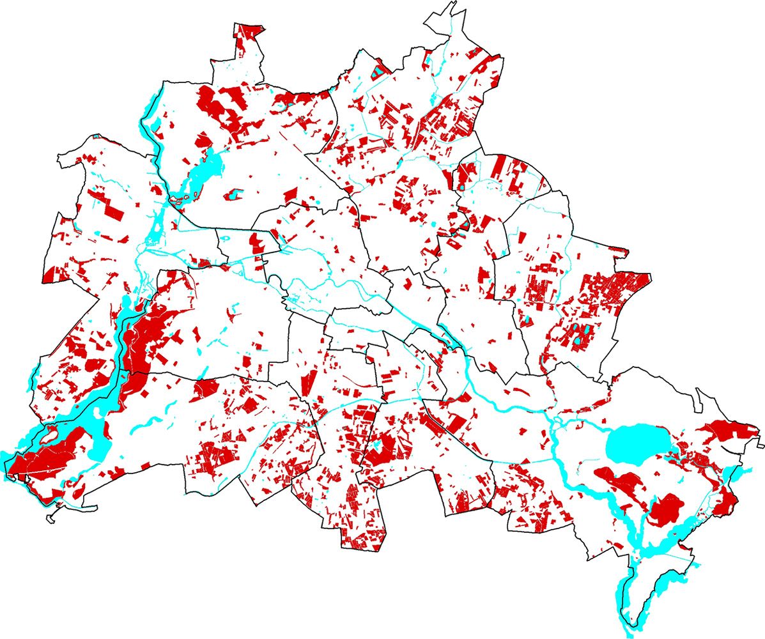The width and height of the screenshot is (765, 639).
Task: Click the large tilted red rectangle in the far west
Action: tap(114, 210)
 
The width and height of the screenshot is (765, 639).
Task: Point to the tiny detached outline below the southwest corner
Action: tap(50, 518)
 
